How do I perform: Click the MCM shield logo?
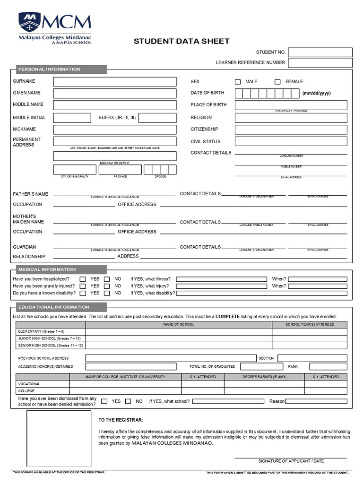click(30, 23)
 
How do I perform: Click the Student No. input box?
click(320, 52)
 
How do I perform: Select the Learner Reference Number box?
click(320, 63)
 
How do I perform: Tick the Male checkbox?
click(238, 82)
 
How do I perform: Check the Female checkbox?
click(277, 82)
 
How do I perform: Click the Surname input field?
click(114, 82)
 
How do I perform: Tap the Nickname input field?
click(114, 130)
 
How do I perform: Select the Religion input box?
click(291, 118)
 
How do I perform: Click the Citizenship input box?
click(291, 130)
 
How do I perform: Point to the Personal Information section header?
click(49, 69)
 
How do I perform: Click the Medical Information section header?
click(47, 269)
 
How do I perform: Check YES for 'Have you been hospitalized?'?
click(83, 279)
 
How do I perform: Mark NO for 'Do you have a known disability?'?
click(107, 293)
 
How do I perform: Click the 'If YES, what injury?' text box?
click(222, 286)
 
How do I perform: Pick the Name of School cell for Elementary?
click(179, 331)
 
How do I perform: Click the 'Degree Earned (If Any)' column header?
click(264, 377)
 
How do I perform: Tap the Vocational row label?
click(29, 384)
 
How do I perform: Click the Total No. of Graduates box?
click(261, 366)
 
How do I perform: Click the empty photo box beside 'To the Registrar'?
click(59, 439)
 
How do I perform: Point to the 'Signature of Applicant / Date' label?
click(291, 461)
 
